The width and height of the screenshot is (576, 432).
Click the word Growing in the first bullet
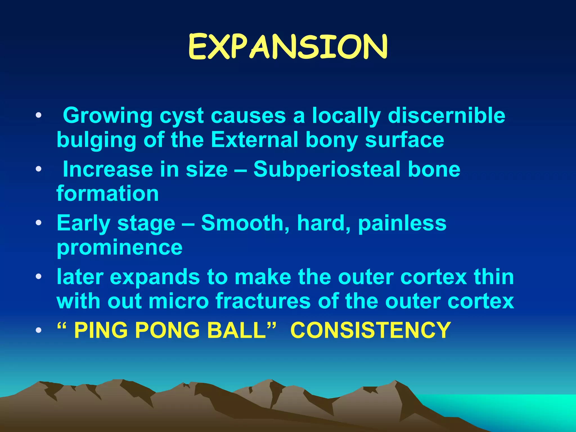(x=107, y=116)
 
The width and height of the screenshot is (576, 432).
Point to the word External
(x=254, y=140)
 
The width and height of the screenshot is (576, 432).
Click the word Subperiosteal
(x=327, y=170)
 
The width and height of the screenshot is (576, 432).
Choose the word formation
(x=108, y=194)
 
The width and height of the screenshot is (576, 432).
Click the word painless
(x=402, y=223)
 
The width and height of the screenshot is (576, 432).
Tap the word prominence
(x=120, y=247)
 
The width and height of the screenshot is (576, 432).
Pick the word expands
(x=155, y=277)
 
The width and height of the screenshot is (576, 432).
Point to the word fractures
(x=263, y=301)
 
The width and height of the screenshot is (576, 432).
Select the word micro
(x=179, y=301)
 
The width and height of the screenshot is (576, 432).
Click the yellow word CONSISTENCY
(x=370, y=330)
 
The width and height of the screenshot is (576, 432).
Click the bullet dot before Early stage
(x=39, y=223)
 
